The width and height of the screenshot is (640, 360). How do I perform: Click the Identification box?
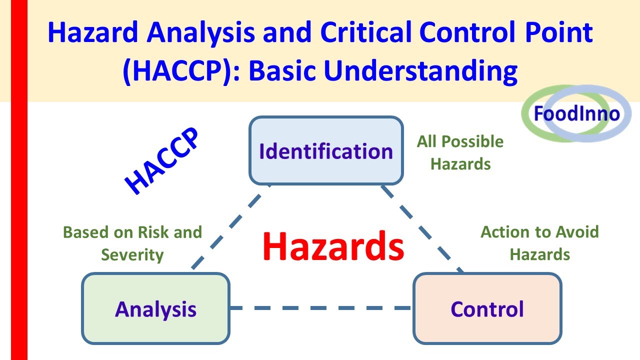pyautogui.click(x=326, y=151)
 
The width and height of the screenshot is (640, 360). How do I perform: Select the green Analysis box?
pyautogui.click(x=155, y=308)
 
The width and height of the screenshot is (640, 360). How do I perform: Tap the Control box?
pyautogui.click(x=487, y=308)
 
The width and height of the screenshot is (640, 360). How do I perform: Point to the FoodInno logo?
pyautogui.click(x=576, y=114)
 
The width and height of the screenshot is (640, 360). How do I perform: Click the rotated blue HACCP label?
pyautogui.click(x=162, y=161)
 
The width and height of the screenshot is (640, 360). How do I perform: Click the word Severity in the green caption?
pyautogui.click(x=132, y=255)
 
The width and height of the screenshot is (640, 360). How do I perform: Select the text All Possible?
pyautogui.click(x=460, y=142)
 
